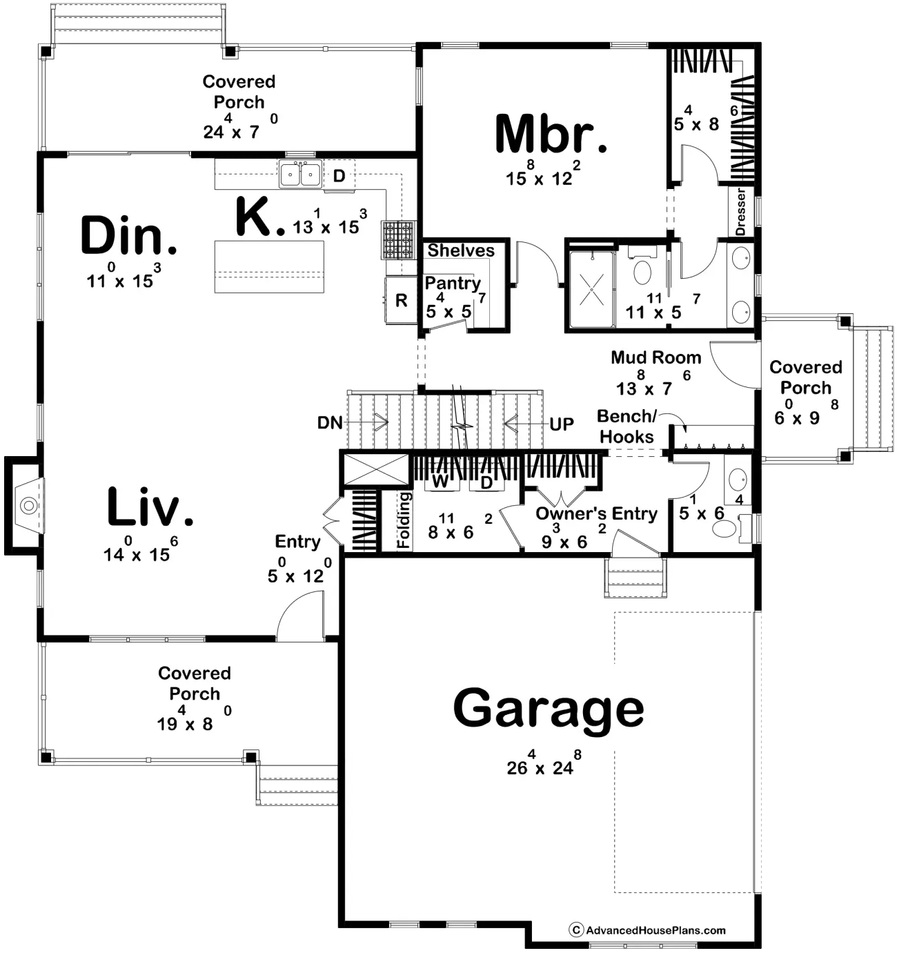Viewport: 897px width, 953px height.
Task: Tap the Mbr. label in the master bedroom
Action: pyautogui.click(x=551, y=134)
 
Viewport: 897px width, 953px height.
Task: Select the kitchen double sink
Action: pyautogui.click(x=300, y=174)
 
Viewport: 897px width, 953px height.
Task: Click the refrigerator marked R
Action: pyautogui.click(x=401, y=300)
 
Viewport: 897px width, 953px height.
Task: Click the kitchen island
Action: pyautogui.click(x=269, y=267)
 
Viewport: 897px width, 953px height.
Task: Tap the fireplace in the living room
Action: pyautogui.click(x=24, y=505)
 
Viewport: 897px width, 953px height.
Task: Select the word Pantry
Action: pyautogui.click(x=452, y=283)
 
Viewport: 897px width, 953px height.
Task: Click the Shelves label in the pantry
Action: pyautogui.click(x=461, y=250)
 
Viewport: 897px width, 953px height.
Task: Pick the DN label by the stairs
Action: pyautogui.click(x=330, y=423)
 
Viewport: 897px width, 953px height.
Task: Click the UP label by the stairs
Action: pyautogui.click(x=561, y=424)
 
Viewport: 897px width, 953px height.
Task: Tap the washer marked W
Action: pyautogui.click(x=441, y=481)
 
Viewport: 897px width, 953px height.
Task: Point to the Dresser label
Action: pyautogui.click(x=740, y=212)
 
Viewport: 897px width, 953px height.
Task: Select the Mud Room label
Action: pyautogui.click(x=655, y=357)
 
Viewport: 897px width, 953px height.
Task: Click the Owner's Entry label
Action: pyautogui.click(x=597, y=513)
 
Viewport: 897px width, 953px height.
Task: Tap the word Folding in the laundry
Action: pyautogui.click(x=404, y=520)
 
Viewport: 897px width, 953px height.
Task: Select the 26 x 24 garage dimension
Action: pyautogui.click(x=543, y=765)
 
